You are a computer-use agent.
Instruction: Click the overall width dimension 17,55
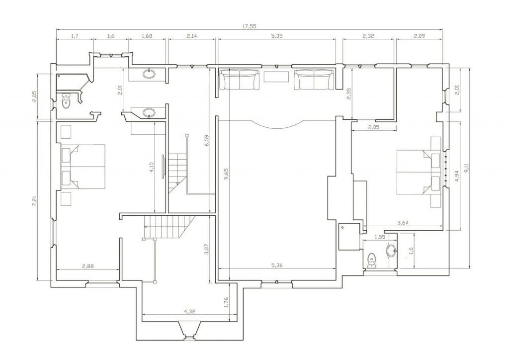[249, 27]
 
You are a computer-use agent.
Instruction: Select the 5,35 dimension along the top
[276, 36]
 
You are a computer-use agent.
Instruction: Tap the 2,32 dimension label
[368, 36]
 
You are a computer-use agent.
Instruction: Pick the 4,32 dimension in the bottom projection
[189, 311]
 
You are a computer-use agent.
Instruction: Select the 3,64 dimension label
[403, 223]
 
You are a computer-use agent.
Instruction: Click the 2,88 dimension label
[87, 266]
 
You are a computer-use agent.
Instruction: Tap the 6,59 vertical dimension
[207, 140]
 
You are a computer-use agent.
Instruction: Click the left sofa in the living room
[239, 80]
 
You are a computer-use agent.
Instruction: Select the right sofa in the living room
[314, 80]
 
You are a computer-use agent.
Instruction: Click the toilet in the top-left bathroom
[66, 100]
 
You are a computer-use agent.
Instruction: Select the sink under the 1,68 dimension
[149, 74]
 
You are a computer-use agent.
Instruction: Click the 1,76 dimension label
[227, 302]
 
